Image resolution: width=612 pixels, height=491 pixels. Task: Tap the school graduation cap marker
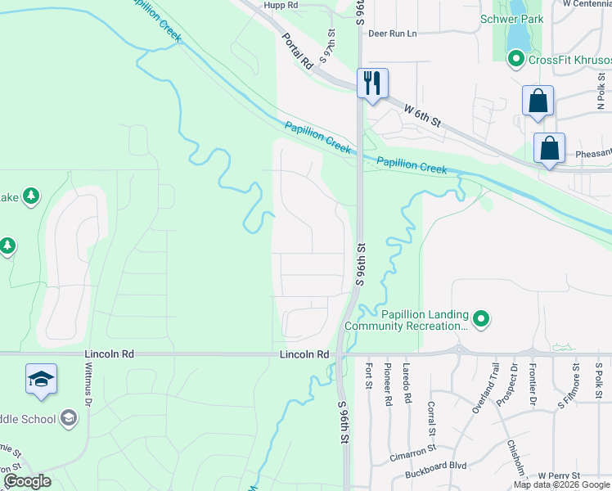pos(41,380)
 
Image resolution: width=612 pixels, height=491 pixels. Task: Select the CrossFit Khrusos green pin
pos(515,59)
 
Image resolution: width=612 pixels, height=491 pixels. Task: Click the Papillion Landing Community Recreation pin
pos(481,319)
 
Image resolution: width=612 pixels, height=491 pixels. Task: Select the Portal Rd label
pos(297,51)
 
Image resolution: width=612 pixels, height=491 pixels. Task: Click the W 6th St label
pos(425,114)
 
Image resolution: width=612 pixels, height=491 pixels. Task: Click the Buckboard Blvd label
pos(435,465)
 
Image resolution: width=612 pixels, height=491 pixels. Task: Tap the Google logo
pos(27,481)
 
